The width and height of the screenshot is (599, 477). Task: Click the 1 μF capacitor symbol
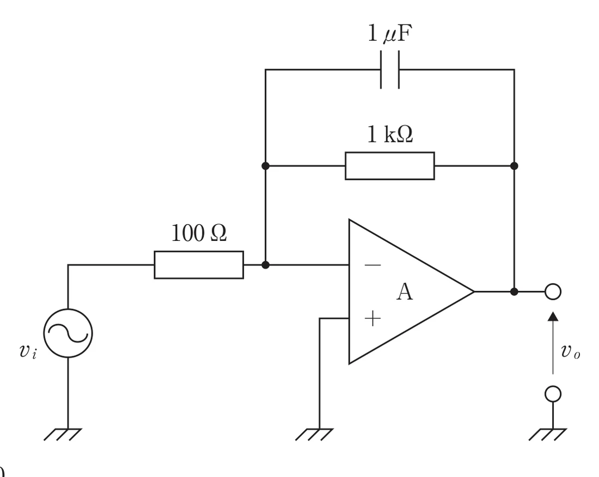[390, 70]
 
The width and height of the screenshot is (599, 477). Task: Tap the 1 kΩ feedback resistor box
[390, 165]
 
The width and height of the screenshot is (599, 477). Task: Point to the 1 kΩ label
[390, 134]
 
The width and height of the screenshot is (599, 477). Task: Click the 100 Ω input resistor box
[199, 265]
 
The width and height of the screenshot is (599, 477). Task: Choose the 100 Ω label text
[199, 233]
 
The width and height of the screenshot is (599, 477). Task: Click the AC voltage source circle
[68, 333]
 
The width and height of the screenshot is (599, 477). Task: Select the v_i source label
[28, 350]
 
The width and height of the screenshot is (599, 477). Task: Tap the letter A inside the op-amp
[405, 292]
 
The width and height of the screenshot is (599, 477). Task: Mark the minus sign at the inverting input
[373, 265]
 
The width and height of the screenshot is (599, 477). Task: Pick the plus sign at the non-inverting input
[373, 318]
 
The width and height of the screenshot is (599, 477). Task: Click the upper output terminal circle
[553, 292]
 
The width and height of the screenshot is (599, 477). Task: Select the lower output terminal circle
[553, 394]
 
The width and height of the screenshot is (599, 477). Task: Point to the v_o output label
[571, 350]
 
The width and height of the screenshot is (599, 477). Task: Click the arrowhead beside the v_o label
[553, 317]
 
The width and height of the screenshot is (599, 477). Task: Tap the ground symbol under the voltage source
[63, 434]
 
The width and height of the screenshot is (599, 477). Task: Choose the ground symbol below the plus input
[314, 434]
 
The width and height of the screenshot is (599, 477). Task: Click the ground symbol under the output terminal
[547, 434]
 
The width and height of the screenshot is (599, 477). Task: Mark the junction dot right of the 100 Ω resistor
[266, 265]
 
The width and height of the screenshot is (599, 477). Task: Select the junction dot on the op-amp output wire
[514, 292]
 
